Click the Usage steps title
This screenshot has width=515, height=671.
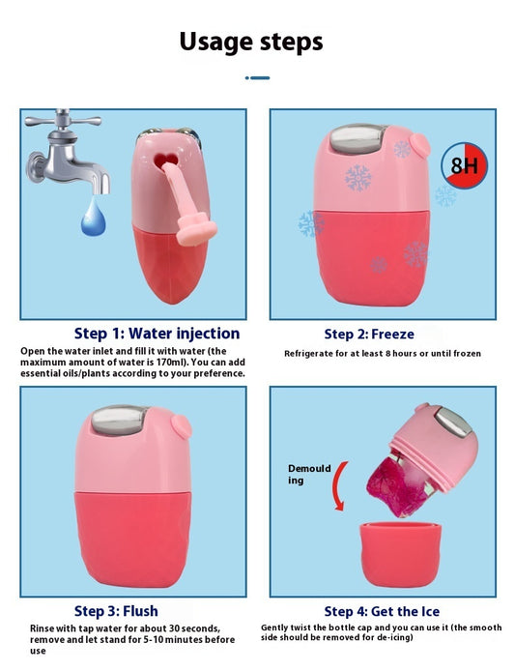tap(251, 42)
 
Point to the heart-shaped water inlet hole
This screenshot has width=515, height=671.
tap(165, 160)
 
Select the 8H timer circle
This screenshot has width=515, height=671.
tap(464, 165)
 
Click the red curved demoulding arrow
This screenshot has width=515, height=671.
tap(339, 486)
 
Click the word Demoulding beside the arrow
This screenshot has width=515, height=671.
tap(309, 474)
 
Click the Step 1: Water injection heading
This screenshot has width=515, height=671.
tap(157, 334)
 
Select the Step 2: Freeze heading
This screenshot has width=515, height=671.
tap(369, 334)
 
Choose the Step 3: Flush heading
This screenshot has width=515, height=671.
tap(116, 611)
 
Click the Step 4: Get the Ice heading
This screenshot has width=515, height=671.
tap(382, 611)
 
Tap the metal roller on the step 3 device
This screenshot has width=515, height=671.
tap(118, 420)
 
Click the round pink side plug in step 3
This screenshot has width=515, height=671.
tap(181, 426)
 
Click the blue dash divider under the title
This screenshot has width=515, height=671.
tap(257, 78)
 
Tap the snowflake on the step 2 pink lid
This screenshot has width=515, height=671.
tap(358, 178)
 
